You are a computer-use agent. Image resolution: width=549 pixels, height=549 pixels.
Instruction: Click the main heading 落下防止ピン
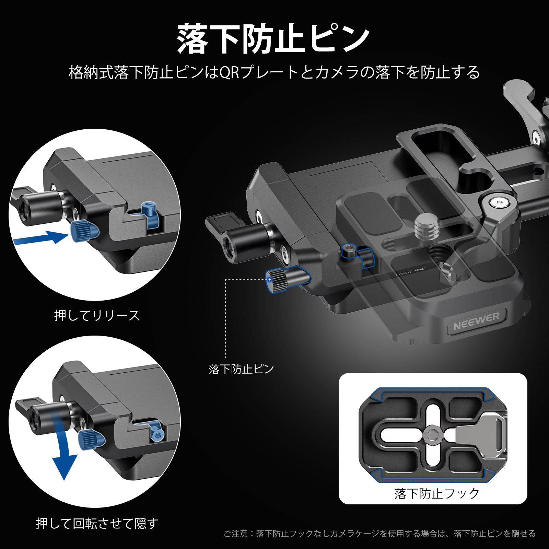(274, 38)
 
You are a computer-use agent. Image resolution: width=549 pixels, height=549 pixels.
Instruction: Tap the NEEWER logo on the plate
(476, 321)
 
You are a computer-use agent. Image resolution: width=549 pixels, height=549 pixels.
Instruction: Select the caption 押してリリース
(97, 315)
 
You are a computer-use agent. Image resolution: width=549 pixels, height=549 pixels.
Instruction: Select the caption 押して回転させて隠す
(97, 523)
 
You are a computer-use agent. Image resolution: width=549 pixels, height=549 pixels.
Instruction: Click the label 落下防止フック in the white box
(436, 493)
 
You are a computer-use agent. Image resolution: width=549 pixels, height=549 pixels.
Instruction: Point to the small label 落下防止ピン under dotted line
(241, 369)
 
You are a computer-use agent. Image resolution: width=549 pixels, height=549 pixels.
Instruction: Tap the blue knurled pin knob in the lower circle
(89, 440)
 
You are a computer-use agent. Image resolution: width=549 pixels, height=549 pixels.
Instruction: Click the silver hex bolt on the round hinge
(498, 203)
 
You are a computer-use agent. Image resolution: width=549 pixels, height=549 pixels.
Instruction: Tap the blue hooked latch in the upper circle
(150, 214)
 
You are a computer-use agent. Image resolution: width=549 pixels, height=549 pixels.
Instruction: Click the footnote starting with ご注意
(379, 534)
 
